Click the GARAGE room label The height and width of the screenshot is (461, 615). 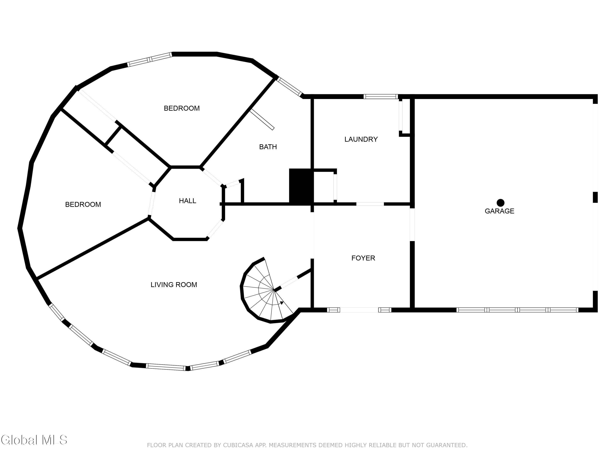point(499,211)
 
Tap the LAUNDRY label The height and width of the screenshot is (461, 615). point(361,139)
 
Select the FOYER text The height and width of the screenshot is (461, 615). point(363,258)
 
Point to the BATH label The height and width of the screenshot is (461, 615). point(268,147)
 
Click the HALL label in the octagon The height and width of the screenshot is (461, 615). point(187,201)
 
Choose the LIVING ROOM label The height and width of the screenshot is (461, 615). point(174,285)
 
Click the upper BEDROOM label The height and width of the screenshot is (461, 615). point(182,108)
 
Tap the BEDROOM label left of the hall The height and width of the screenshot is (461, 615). point(83,204)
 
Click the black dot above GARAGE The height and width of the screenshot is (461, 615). point(500,203)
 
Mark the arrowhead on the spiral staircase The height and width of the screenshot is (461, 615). point(282,303)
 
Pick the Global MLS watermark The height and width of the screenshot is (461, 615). point(34,440)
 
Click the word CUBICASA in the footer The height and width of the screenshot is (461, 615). point(238,445)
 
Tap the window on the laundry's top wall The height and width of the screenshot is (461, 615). point(381,97)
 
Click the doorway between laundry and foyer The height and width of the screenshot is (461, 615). point(370,204)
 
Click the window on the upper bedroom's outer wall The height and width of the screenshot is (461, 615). point(150,59)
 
